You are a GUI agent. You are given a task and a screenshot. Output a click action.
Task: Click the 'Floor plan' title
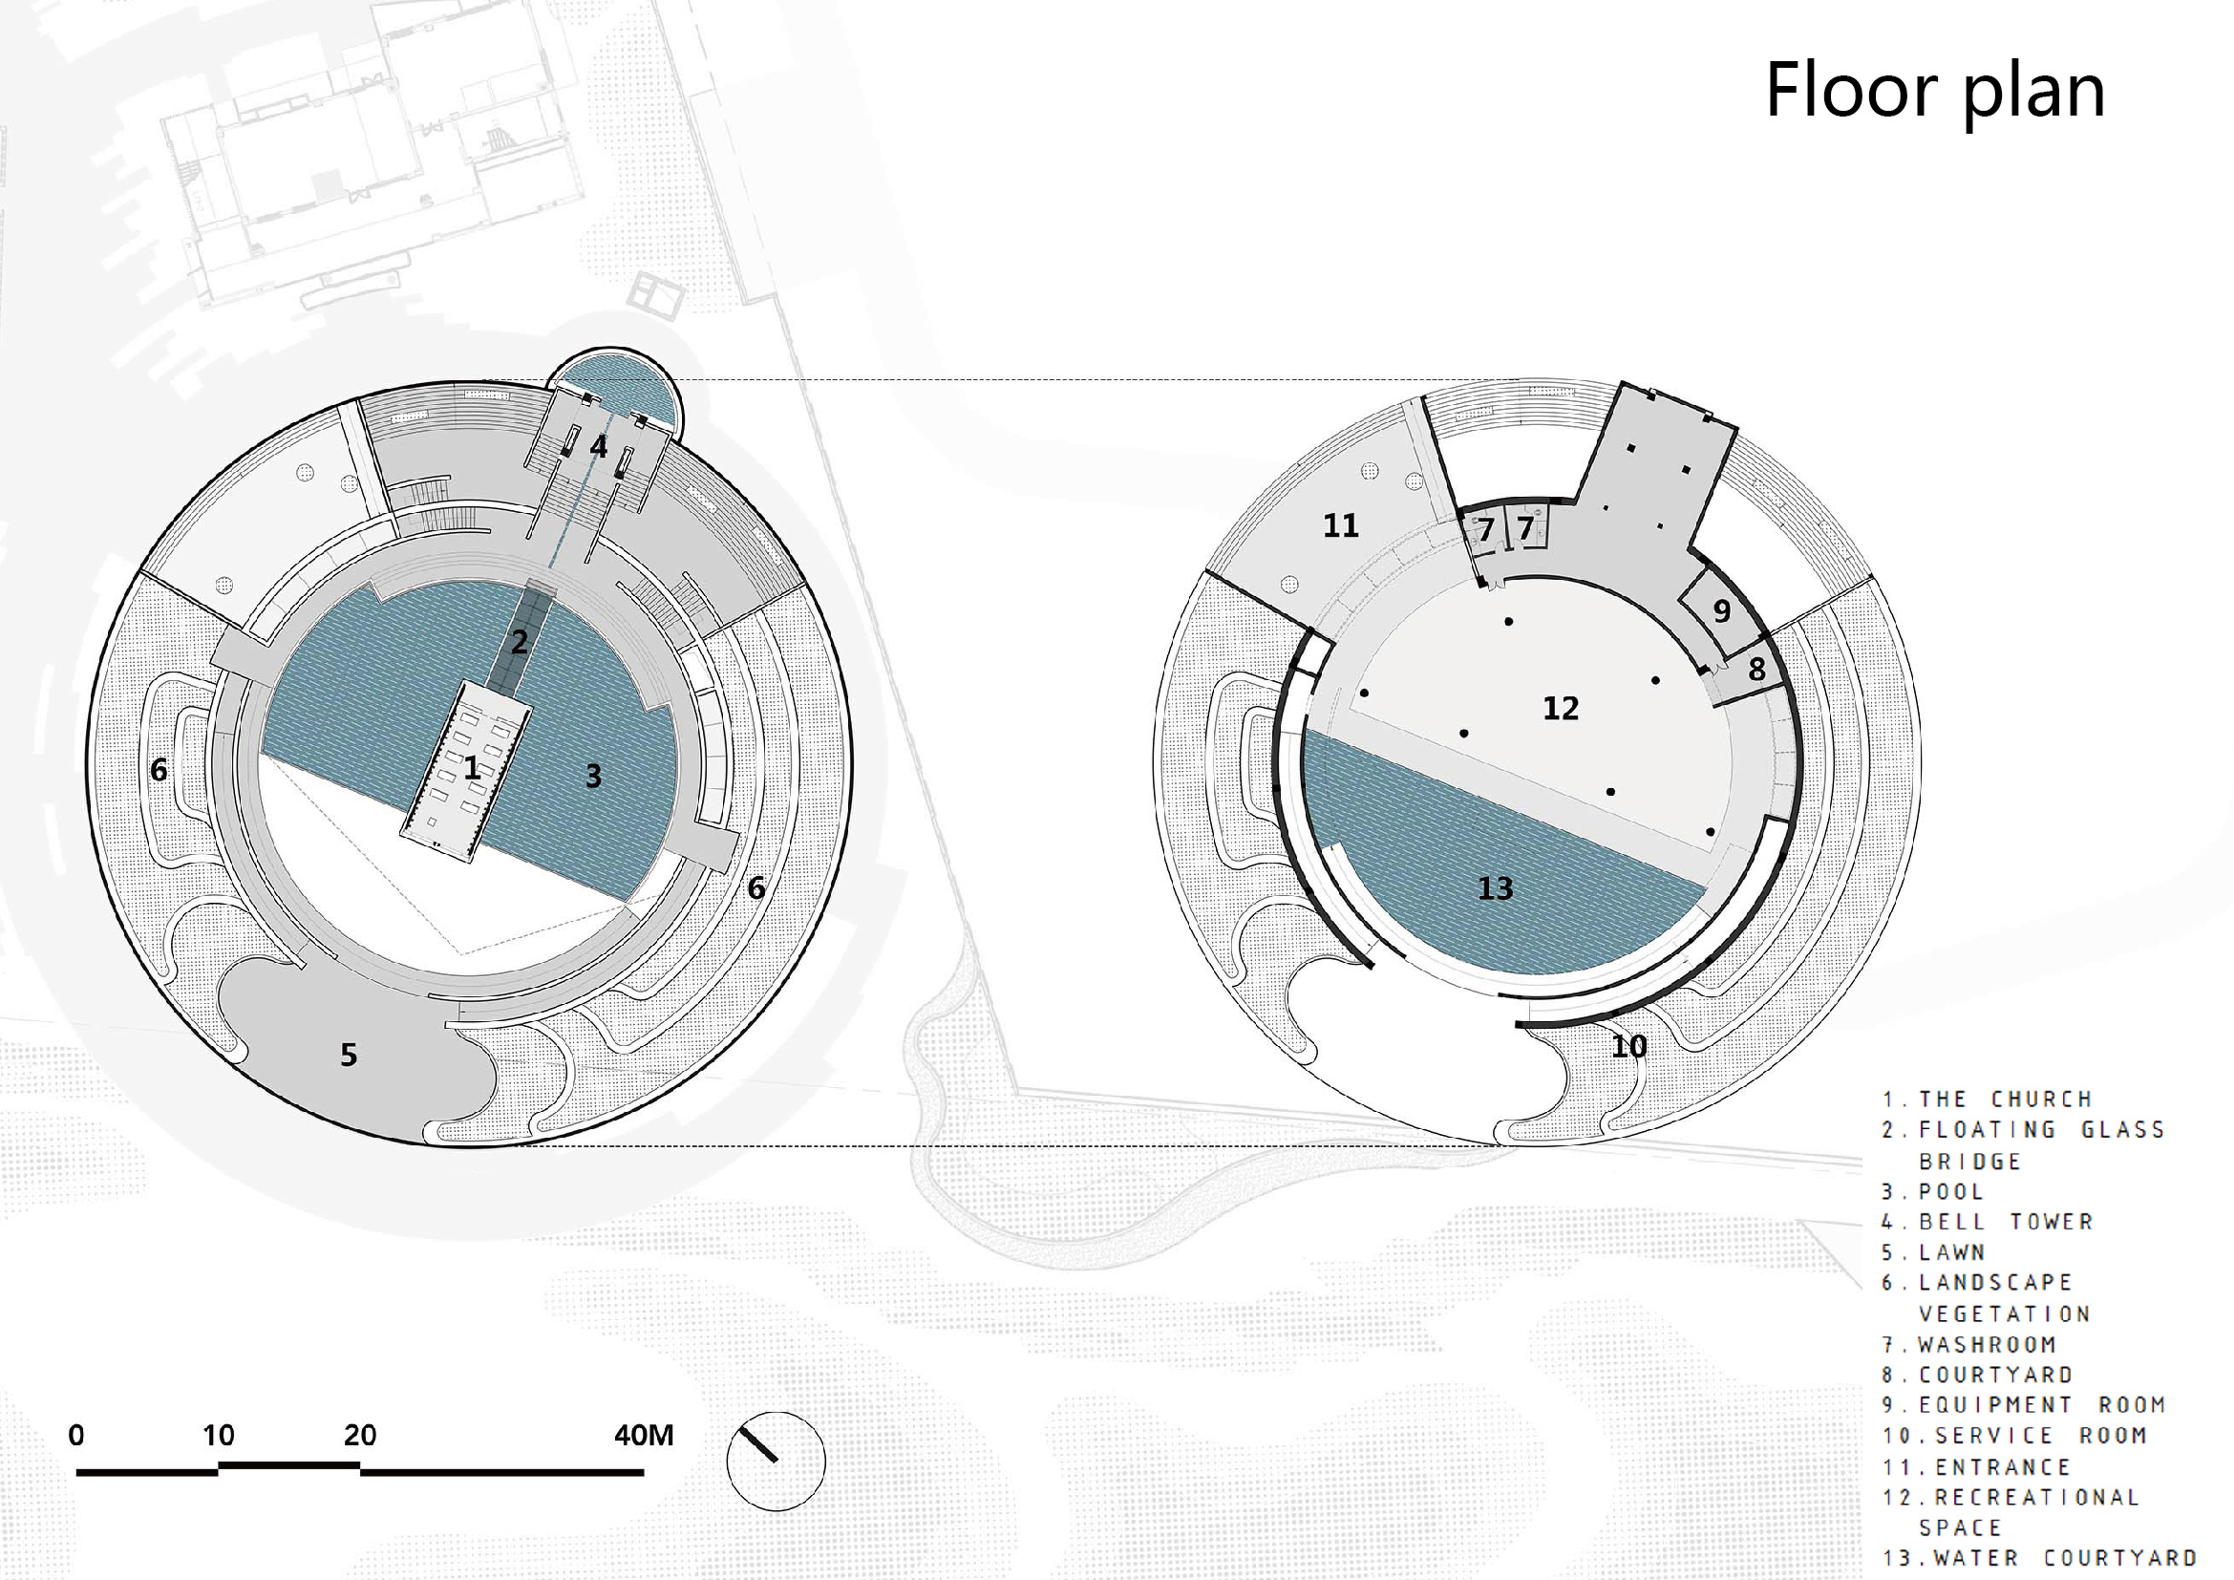click(x=1935, y=92)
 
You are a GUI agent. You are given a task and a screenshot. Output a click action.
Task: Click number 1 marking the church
click(x=472, y=769)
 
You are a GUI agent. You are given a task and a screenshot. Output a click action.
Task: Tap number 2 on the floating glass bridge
click(x=520, y=642)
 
